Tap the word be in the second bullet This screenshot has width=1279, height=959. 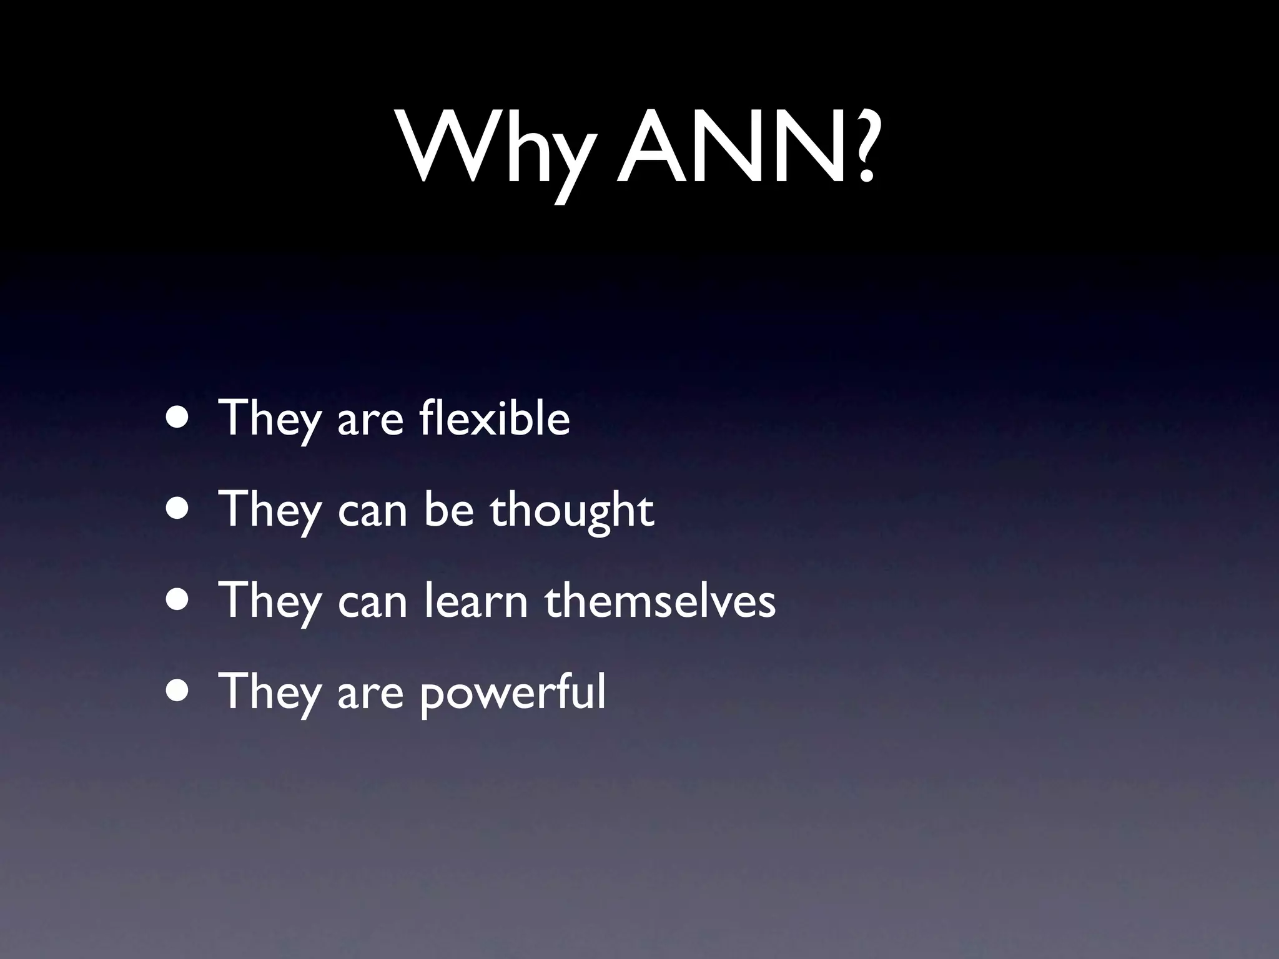[x=449, y=509]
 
